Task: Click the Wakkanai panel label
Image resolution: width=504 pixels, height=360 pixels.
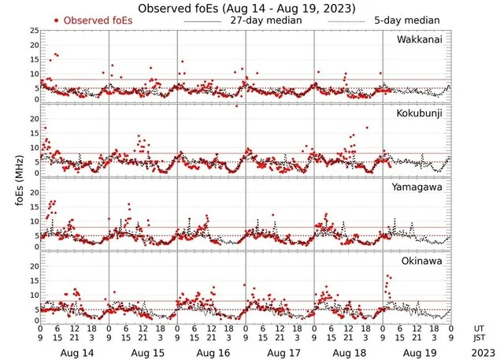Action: click(x=421, y=39)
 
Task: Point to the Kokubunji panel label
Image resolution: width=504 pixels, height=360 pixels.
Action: click(x=420, y=113)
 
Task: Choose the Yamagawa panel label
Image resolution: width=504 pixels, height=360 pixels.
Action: click(x=420, y=187)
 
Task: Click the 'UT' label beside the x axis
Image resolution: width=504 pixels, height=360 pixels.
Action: click(x=480, y=328)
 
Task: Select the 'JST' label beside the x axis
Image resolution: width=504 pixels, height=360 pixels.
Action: click(x=480, y=339)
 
